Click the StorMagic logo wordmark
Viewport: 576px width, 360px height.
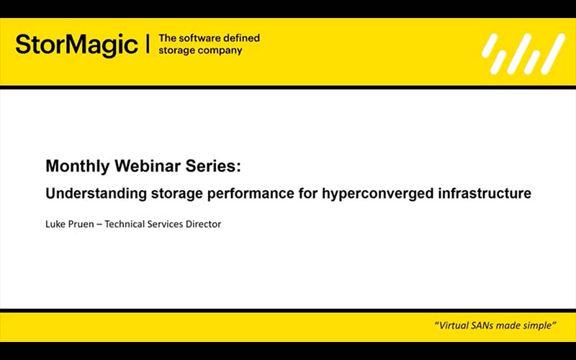[x=76, y=45]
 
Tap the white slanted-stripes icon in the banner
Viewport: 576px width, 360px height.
[x=523, y=54]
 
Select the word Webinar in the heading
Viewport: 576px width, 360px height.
[x=148, y=166]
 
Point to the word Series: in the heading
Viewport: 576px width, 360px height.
[x=215, y=166]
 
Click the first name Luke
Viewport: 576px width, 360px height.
[x=56, y=224]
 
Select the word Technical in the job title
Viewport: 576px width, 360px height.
[x=126, y=224]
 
